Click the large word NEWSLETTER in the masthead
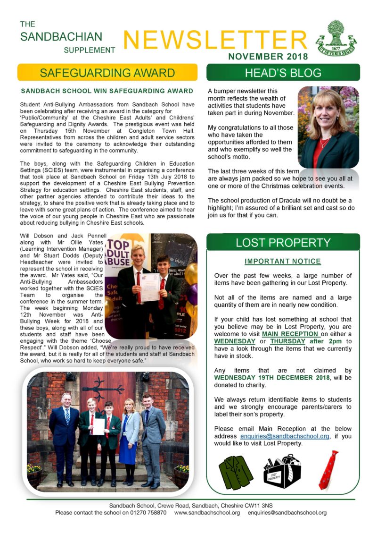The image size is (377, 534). pyautogui.click(x=215, y=40)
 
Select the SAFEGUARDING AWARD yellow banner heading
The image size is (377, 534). pyautogui.click(x=107, y=73)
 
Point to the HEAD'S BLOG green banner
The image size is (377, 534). pyautogui.click(x=283, y=73)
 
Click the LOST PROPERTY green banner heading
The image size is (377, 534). pyautogui.click(x=283, y=243)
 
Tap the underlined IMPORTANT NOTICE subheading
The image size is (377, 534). pyautogui.click(x=283, y=261)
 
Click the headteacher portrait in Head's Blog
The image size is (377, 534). pyautogui.click(x=328, y=127)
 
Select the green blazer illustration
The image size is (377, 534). pyautogui.click(x=236, y=472)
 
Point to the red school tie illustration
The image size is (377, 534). pyautogui.click(x=328, y=469)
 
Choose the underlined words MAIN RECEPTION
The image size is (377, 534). pyautogui.click(x=291, y=334)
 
